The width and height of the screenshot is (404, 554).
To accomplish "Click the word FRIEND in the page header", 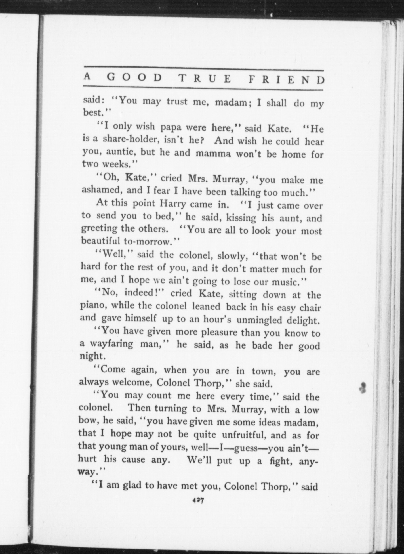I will pos(287,80).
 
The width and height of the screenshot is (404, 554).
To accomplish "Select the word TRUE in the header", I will pos(205,79).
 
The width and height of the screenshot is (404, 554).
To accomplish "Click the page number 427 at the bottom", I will pos(199,501).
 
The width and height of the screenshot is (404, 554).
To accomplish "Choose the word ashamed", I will pos(102,190).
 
